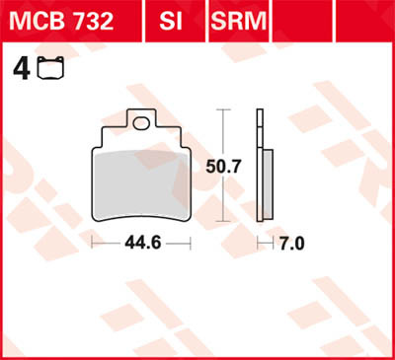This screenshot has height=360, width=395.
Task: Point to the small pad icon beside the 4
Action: point(45,69)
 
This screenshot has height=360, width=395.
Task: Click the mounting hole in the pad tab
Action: point(145,124)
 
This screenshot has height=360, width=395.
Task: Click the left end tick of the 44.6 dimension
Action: point(92,243)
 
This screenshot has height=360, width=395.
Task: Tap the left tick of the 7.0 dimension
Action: point(259,243)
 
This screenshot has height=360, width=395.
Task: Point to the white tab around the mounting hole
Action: point(134,125)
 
